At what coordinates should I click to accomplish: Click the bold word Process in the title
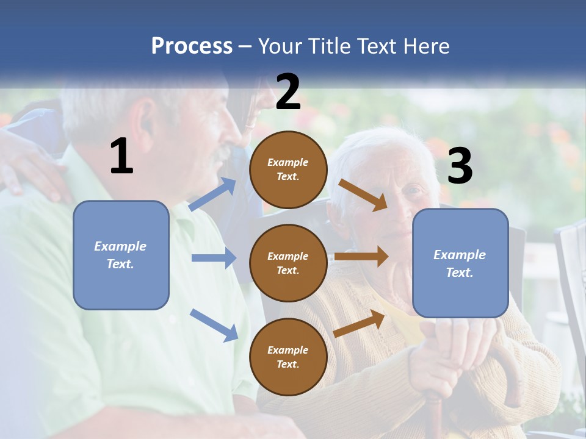click(192, 46)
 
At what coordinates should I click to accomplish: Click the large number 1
click(121, 157)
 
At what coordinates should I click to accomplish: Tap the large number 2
click(288, 92)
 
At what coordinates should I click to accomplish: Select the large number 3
click(460, 166)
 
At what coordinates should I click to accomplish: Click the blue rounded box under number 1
click(121, 255)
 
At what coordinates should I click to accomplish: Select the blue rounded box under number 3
click(460, 263)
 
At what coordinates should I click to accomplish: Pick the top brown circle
click(288, 170)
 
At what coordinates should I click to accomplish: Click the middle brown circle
click(288, 263)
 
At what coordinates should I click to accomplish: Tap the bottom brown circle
click(288, 357)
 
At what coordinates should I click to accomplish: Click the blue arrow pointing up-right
click(212, 195)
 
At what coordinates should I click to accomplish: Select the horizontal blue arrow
click(214, 258)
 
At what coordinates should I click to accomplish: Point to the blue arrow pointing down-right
click(214, 325)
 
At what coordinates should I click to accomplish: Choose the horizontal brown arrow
click(361, 257)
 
